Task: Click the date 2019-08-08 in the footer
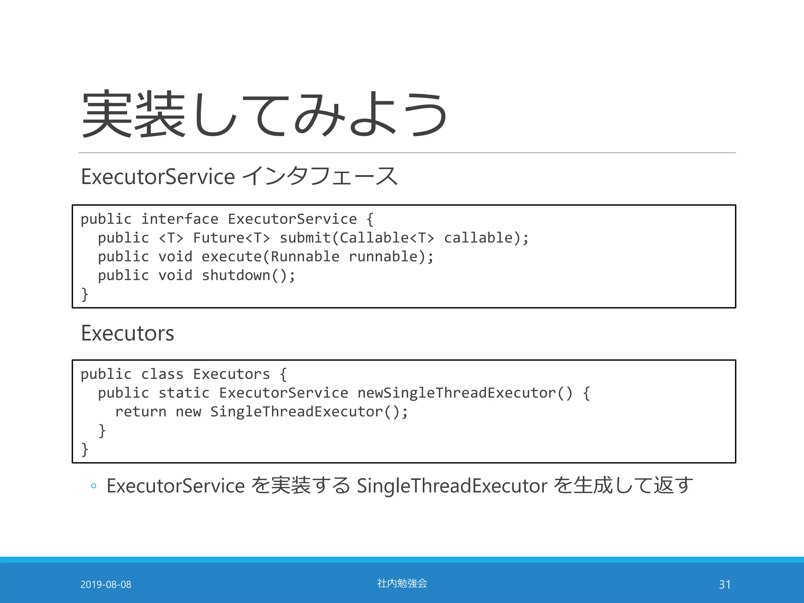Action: click(106, 585)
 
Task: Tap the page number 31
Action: click(725, 585)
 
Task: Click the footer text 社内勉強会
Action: click(402, 583)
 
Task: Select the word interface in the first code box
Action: click(179, 219)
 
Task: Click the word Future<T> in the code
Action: click(231, 238)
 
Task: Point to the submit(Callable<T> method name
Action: click(356, 238)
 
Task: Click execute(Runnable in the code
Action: click(270, 257)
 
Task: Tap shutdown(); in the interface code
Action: click(248, 276)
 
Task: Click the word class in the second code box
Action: click(162, 374)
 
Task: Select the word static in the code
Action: click(184, 393)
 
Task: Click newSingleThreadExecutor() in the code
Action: click(465, 393)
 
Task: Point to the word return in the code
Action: click(141, 412)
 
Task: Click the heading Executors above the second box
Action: click(127, 333)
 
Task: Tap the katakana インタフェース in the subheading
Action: click(320, 176)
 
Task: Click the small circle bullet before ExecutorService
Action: click(93, 486)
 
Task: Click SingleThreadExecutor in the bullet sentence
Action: click(452, 486)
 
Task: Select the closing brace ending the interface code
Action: click(84, 294)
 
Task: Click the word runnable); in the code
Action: click(391, 257)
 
